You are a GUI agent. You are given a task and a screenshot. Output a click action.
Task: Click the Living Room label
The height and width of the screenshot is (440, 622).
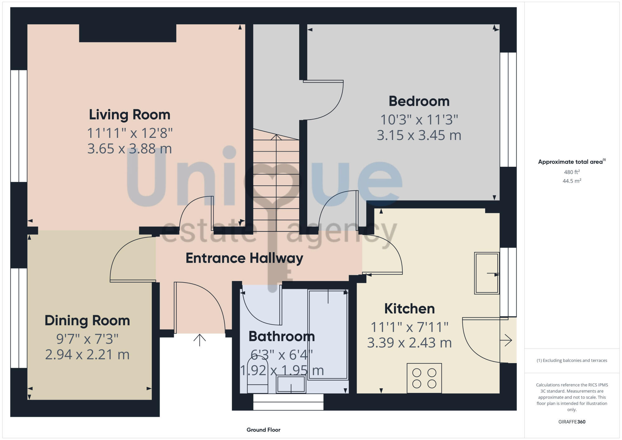pos(130,115)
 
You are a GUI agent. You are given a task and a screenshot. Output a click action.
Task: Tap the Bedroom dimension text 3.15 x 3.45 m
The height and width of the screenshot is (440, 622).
pos(419,135)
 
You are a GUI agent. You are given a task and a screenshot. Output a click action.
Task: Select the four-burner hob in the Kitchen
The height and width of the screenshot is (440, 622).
pos(424,378)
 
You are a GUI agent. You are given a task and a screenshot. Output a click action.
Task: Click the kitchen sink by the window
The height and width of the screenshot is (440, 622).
pos(486,273)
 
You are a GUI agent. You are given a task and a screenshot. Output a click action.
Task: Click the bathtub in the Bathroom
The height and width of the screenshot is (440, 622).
pos(328,335)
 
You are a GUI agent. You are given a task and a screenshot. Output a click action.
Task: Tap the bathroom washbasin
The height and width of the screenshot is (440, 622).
pos(291,384)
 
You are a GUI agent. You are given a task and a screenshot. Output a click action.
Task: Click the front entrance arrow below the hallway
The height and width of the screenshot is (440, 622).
pos(199,340)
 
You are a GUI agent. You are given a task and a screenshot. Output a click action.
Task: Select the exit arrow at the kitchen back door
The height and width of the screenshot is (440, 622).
pos(506,340)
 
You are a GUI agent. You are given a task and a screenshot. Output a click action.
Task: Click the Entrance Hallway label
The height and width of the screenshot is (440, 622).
pos(244,258)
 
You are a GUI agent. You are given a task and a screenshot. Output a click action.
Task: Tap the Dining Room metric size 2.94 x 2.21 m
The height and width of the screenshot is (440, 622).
pos(87,355)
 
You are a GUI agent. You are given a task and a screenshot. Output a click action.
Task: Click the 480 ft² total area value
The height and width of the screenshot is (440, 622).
pos(572,172)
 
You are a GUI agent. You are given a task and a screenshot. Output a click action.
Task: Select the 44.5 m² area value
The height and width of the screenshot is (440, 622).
pos(572,181)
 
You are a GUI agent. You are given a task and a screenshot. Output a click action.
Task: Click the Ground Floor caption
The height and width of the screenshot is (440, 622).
pos(263,430)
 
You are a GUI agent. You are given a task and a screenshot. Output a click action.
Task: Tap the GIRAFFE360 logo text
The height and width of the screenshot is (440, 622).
pos(572,422)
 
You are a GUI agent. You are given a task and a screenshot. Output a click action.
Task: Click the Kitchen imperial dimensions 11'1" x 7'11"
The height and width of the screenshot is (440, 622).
pos(409,327)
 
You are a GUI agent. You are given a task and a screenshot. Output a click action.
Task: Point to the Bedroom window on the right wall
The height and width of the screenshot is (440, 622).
pos(508,110)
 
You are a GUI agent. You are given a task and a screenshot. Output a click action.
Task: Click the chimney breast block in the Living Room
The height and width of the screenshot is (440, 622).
pos(128,33)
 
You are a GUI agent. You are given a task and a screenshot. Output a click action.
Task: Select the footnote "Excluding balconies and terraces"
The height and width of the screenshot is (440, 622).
pos(572,360)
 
